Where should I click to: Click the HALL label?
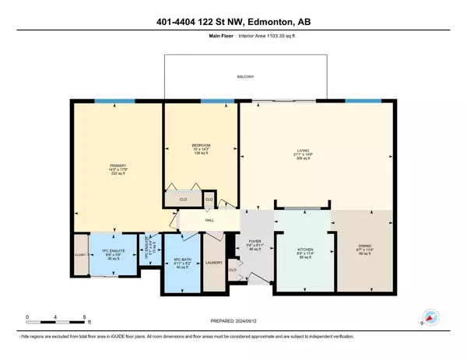(x=209, y=221)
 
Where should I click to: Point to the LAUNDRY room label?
(x=214, y=262)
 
